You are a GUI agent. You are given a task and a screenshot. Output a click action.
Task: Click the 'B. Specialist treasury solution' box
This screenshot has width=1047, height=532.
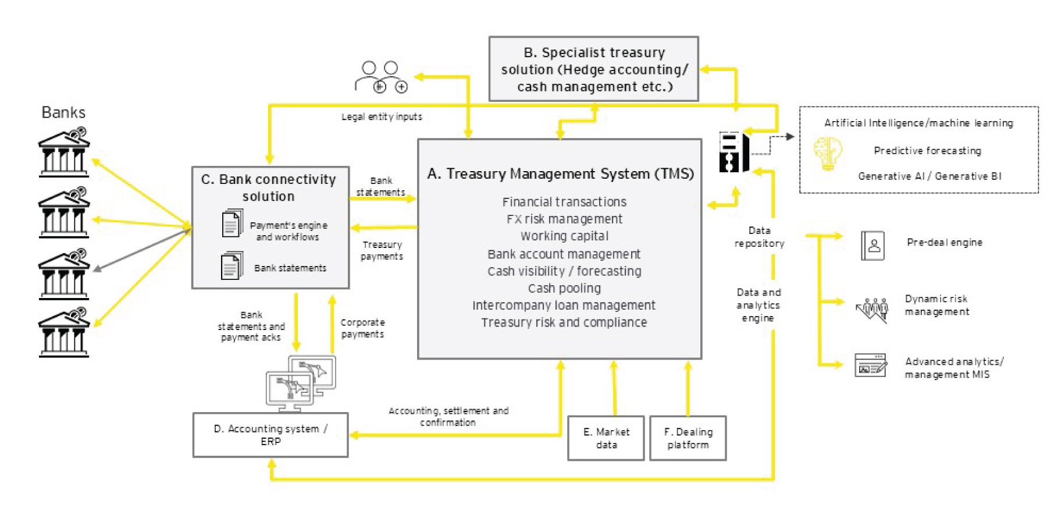(593, 69)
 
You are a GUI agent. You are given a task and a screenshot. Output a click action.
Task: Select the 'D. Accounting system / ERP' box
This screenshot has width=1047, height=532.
(270, 435)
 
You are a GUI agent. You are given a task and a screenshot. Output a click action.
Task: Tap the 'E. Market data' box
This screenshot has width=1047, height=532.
(606, 438)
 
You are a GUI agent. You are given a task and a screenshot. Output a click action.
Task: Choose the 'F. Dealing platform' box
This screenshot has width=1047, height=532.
(688, 438)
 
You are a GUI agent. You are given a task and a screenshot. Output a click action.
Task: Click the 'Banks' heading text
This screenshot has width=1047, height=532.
(63, 112)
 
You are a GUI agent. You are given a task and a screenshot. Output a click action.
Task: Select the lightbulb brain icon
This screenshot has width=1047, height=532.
(828, 153)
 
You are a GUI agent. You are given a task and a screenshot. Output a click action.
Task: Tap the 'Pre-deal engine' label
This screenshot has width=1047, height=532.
(945, 242)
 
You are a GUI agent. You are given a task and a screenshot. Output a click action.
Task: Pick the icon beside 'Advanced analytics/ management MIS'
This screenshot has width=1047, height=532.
(871, 366)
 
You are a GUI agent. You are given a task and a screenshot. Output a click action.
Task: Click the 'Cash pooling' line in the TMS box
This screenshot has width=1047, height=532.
(564, 288)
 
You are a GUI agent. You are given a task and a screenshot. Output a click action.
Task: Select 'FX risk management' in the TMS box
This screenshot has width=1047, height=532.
(564, 219)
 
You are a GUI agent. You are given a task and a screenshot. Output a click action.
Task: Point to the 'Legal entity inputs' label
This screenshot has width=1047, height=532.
(382, 117)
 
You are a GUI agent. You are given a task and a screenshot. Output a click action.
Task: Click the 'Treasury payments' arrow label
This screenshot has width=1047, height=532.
(382, 250)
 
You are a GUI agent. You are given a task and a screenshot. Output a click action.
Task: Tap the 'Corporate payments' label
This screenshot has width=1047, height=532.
(362, 328)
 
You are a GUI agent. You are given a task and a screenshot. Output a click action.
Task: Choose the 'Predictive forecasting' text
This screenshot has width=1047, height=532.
(927, 151)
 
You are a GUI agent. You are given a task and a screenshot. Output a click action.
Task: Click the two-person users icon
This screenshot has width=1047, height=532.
(381, 77)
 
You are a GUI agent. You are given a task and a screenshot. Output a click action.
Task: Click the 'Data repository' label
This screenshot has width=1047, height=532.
(759, 237)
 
